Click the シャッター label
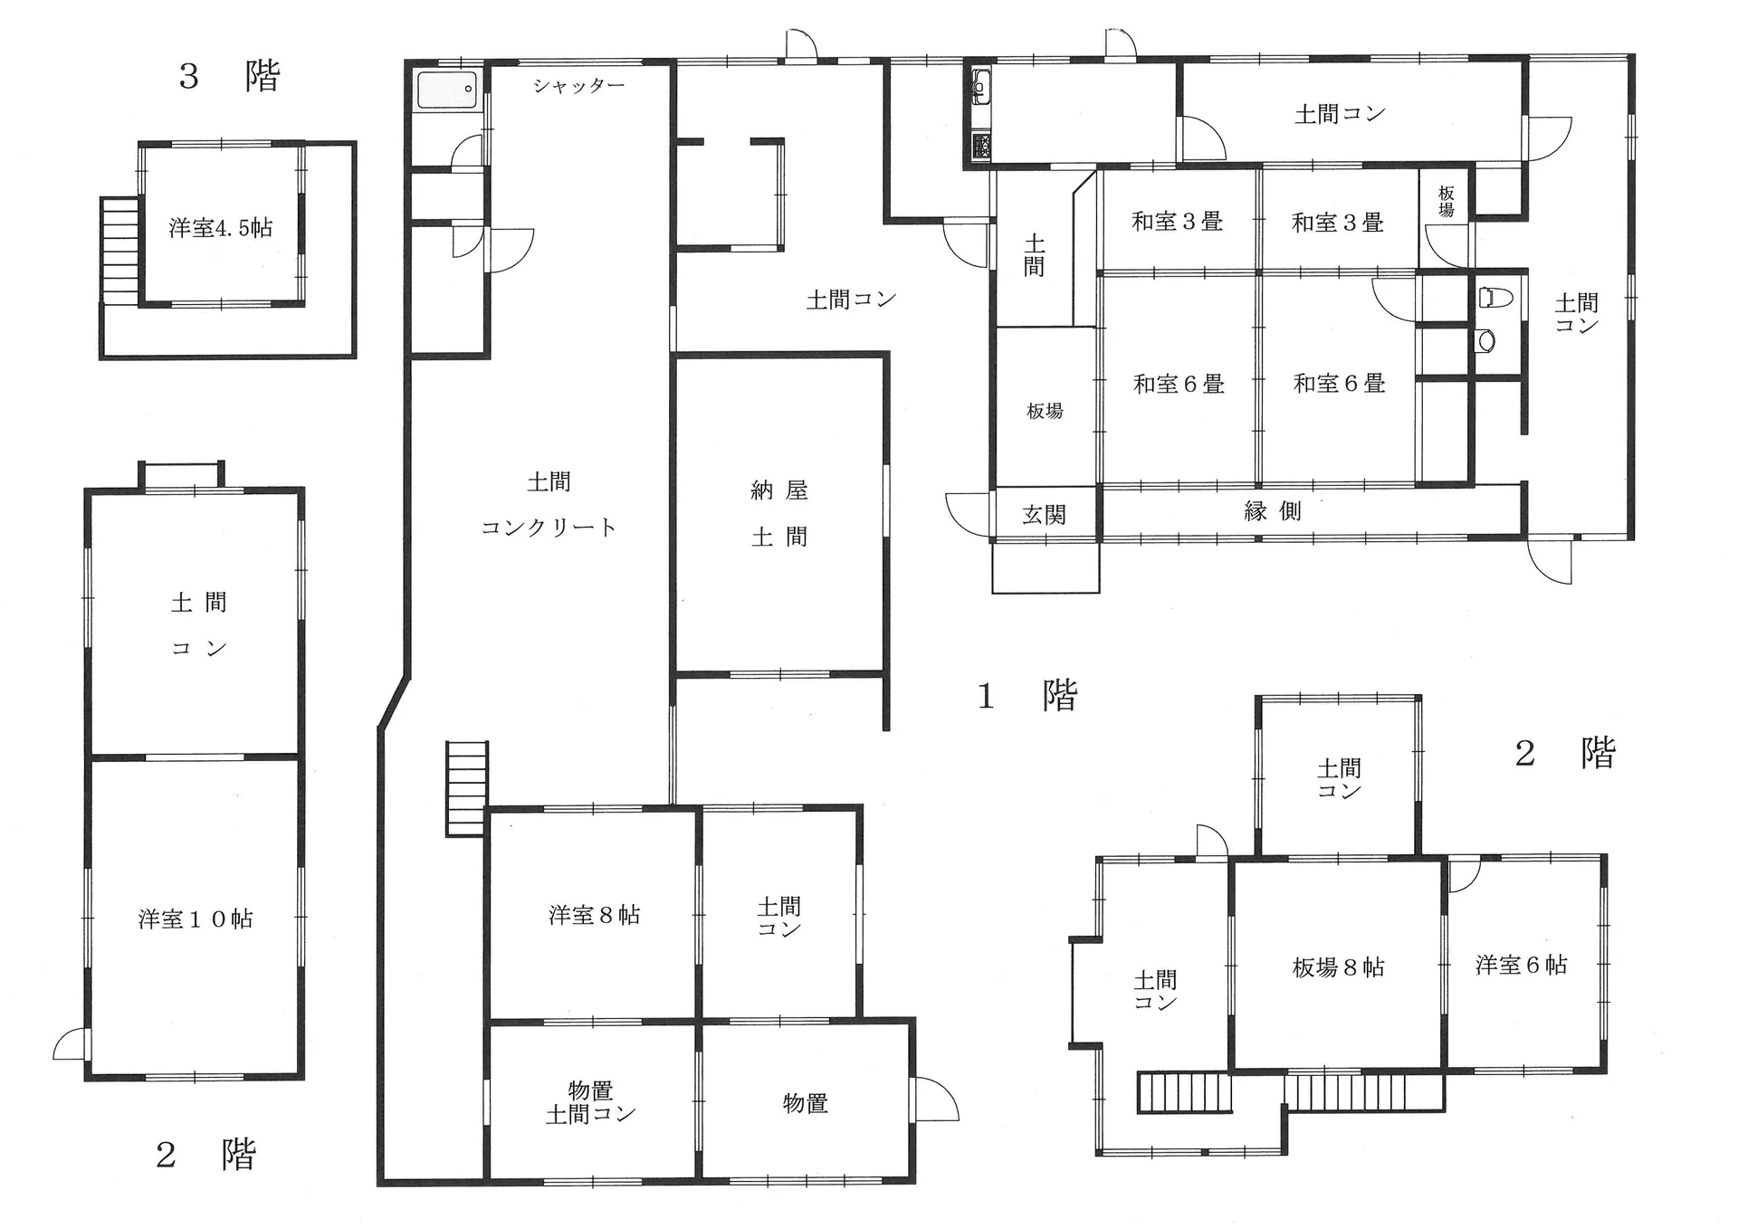pos(578,86)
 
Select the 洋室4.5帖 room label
pos(221,227)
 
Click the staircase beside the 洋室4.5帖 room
pos(119,252)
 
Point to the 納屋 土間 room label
pos(779,513)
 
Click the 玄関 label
pos(1044,515)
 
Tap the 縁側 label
pos(1273,511)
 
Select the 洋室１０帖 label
pos(196,919)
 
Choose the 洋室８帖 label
pos(594,915)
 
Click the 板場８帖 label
pos(1339,967)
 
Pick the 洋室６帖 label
pos(1521,965)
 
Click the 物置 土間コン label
pos(590,1102)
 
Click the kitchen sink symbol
pos(981,87)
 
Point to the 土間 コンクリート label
pos(549,504)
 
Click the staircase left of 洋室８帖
pos(466,788)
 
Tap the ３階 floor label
pos(230,76)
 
